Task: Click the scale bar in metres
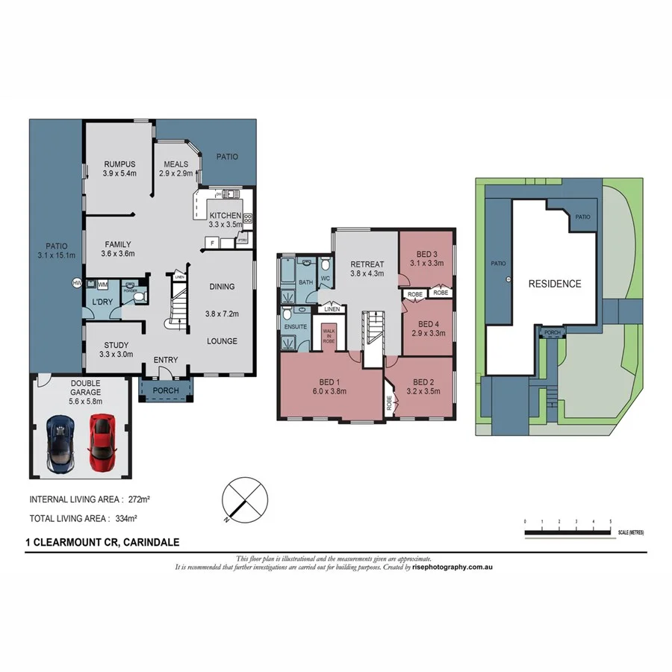click(x=567, y=532)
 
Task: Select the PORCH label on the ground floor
click(x=166, y=391)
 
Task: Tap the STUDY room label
click(x=116, y=345)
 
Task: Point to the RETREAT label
click(x=367, y=264)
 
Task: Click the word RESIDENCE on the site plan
click(x=554, y=284)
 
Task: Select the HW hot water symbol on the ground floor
click(x=76, y=283)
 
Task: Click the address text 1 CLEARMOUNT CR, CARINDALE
click(x=102, y=543)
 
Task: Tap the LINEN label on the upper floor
click(x=332, y=309)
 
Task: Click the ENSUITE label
click(x=295, y=326)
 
